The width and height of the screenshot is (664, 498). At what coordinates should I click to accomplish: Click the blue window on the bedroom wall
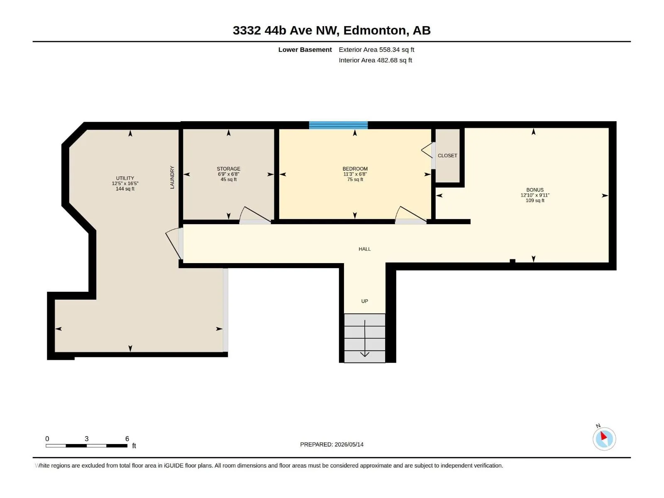click(x=338, y=125)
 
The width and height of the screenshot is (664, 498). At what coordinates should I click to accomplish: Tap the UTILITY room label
click(x=125, y=178)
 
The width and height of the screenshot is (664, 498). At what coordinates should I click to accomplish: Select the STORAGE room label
click(x=228, y=169)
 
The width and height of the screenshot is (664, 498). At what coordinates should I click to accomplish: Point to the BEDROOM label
click(x=355, y=169)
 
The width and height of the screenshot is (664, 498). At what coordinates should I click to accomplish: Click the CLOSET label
click(x=447, y=155)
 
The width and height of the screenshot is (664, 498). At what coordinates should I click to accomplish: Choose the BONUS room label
click(x=535, y=190)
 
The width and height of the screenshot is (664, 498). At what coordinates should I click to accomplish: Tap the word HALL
click(x=364, y=249)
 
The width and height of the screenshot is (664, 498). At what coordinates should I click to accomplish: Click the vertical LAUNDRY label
click(x=172, y=177)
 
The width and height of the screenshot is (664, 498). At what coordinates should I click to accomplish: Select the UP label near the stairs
click(x=364, y=301)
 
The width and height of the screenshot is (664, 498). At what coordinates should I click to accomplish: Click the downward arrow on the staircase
click(x=365, y=338)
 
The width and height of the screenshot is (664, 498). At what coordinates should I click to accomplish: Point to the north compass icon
click(x=604, y=439)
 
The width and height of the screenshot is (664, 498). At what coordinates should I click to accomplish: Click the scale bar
click(x=86, y=446)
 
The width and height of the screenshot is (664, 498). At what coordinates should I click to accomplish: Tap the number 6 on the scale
click(x=127, y=438)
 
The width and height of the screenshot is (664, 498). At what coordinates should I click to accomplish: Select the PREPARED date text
click(x=332, y=444)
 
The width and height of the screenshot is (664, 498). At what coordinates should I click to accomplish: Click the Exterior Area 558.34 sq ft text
click(x=376, y=49)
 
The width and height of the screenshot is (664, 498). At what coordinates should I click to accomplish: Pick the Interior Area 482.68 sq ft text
click(x=376, y=60)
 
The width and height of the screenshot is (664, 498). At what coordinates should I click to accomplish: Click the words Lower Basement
click(x=305, y=49)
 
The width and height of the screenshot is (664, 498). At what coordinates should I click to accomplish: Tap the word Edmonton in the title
click(x=375, y=30)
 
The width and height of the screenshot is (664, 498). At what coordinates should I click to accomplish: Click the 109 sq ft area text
click(x=535, y=200)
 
